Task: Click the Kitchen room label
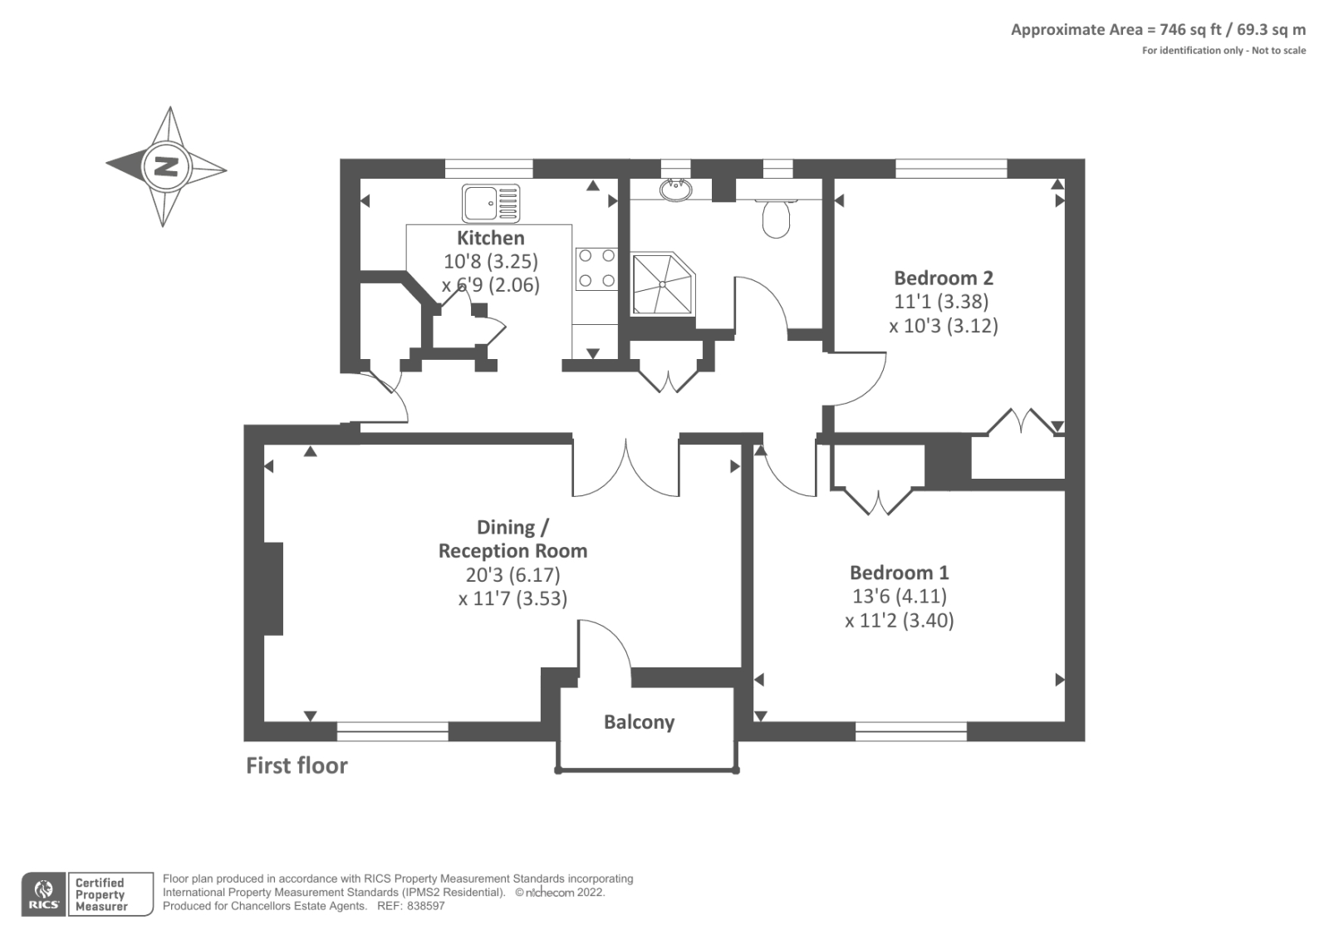490,238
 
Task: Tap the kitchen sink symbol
490,204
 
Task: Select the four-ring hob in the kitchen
596,268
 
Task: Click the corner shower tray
662,284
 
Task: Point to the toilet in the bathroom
776,218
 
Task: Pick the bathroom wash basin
676,190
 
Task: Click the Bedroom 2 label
943,278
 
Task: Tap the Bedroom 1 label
899,573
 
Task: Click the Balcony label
639,722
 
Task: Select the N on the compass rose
166,167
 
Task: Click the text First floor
297,765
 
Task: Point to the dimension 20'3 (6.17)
512,574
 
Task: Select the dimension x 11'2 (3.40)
899,620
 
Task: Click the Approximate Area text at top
1157,30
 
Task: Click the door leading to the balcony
605,648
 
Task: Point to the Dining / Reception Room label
512,539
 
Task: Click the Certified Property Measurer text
101,894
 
